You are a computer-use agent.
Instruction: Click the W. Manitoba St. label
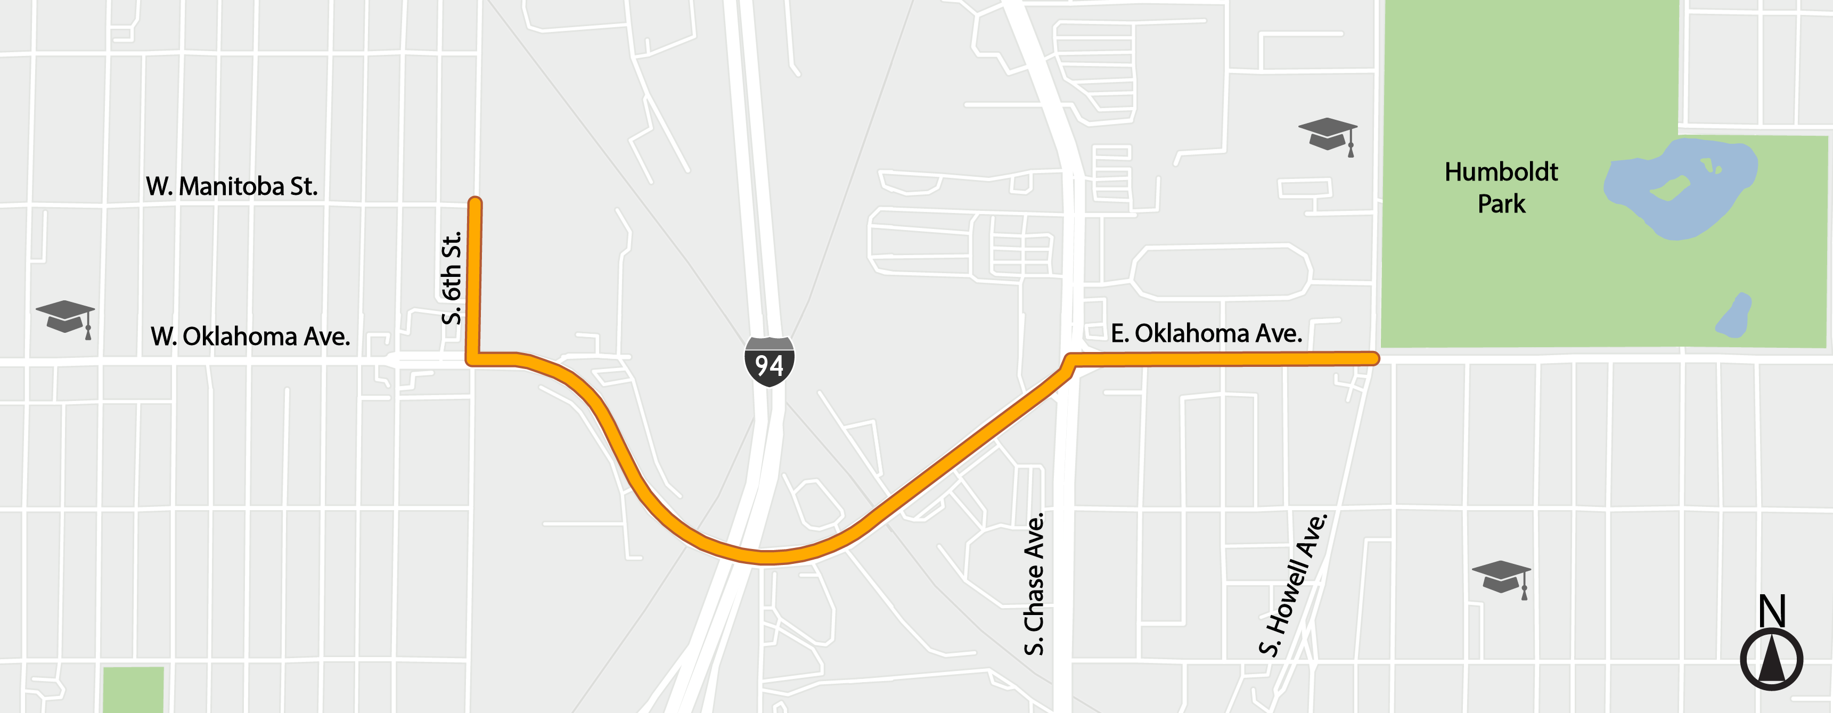point(231,186)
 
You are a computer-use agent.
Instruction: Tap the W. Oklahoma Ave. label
point(250,337)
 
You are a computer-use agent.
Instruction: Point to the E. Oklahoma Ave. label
point(1206,333)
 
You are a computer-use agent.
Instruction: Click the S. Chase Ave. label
point(1034,584)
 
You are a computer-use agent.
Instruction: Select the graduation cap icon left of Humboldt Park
point(1328,135)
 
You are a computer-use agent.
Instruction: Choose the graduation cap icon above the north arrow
point(1501,577)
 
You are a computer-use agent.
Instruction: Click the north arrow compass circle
point(1771,659)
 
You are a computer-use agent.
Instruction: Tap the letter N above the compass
point(1772,611)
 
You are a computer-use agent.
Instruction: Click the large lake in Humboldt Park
point(1679,189)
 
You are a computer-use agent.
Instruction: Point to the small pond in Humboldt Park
point(1734,317)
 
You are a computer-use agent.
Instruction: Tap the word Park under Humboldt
point(1501,204)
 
